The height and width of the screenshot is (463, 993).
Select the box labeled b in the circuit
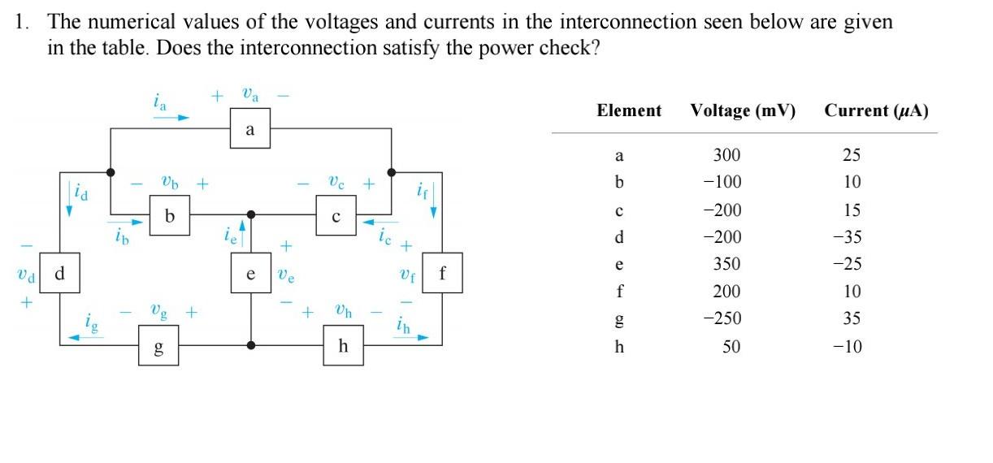coord(170,215)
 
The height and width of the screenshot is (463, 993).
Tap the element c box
coord(336,215)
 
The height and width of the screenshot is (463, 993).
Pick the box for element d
coord(59,274)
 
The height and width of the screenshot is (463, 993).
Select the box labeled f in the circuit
coord(442,274)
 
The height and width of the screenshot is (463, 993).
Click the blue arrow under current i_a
coord(171,117)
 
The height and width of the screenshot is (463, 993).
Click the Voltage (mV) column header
coord(743,110)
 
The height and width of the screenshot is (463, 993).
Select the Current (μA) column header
coord(875,110)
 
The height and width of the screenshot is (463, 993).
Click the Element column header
coord(628,110)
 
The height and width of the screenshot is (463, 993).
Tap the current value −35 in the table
coord(851,237)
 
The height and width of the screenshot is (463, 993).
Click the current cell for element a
coord(851,155)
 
